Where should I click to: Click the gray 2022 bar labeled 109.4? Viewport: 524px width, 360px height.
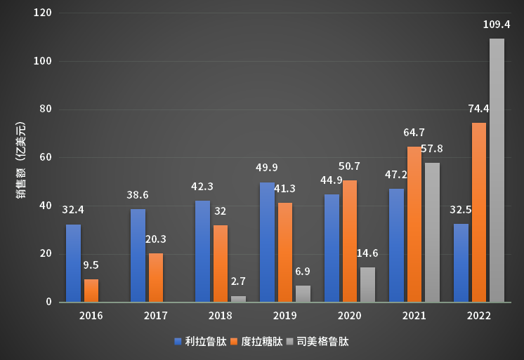[x=497, y=170]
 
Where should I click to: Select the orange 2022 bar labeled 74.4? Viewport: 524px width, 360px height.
[x=478, y=212]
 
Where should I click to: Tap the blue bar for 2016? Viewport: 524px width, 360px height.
[x=73, y=263]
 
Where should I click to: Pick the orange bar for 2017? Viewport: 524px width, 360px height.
[x=156, y=277]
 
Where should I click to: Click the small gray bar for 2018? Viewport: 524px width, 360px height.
[x=239, y=299]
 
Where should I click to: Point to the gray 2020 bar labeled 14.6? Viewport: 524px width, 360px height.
[x=367, y=284]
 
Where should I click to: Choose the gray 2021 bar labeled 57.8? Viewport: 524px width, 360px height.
[x=432, y=232]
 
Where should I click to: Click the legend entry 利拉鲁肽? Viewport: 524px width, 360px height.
[x=200, y=342]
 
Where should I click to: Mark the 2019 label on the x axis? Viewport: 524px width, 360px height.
[x=285, y=316]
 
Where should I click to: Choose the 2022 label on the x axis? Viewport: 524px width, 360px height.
[x=478, y=316]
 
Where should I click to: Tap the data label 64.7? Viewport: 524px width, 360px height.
[x=414, y=132]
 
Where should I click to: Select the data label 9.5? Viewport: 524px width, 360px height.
[x=91, y=265]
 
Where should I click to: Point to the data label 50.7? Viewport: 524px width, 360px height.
[x=349, y=166]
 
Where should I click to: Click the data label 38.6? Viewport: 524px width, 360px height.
[x=138, y=195]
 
